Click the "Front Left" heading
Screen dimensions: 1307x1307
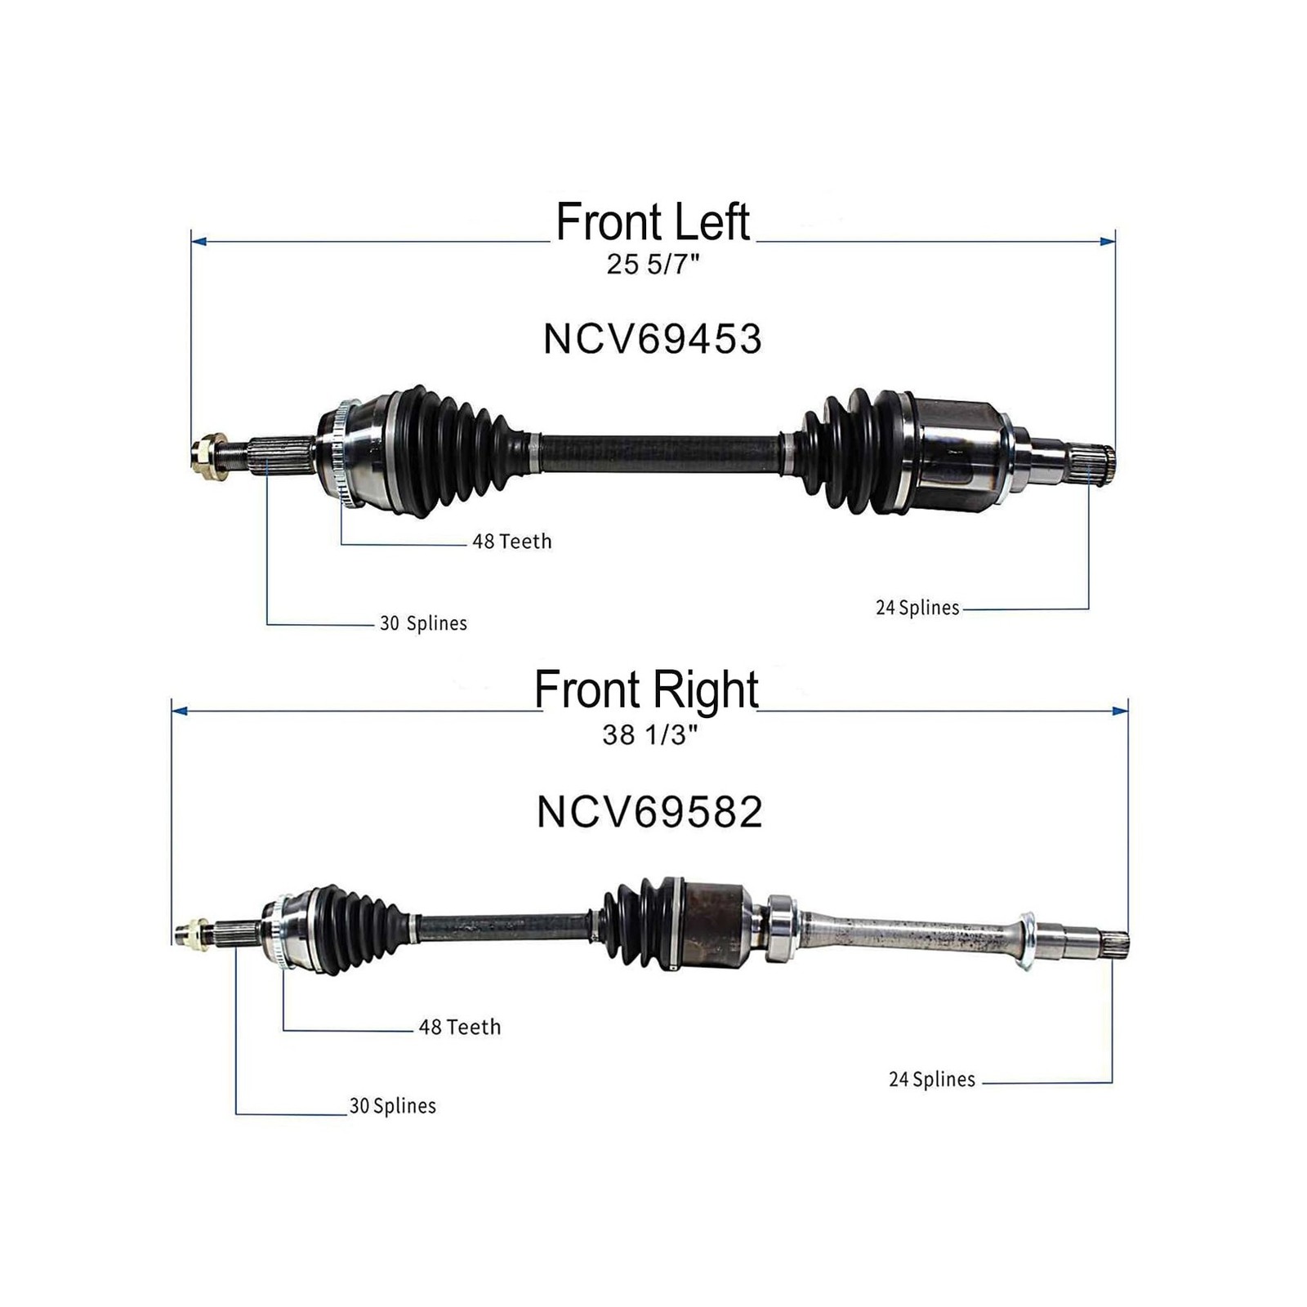pos(653,222)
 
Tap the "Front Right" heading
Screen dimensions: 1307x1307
pos(646,690)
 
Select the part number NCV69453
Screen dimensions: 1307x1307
pos(652,339)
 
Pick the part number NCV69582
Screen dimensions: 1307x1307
pos(649,812)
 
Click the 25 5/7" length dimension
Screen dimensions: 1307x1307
pos(653,265)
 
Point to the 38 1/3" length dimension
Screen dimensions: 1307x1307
pos(649,735)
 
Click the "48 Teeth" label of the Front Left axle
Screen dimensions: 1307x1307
pos(512,542)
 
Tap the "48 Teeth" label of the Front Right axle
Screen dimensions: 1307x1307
pos(460,1027)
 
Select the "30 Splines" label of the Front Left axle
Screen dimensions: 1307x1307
pos(423,623)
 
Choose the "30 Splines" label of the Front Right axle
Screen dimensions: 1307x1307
pos(393,1106)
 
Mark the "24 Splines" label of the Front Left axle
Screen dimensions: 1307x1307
pos(917,608)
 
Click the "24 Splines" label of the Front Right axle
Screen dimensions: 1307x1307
pos(932,1080)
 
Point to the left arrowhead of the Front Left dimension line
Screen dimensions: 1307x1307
pos(198,242)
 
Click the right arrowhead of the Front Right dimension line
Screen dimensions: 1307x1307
pos(1121,711)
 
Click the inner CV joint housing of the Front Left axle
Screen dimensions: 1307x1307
pos(956,454)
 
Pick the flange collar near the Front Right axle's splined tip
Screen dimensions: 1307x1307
pos(1026,940)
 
